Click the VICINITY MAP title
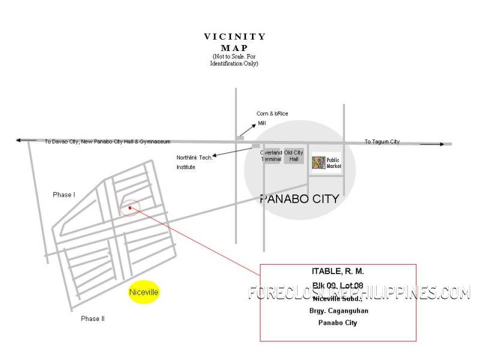pyautogui.click(x=235, y=42)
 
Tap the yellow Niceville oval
pyautogui.click(x=144, y=292)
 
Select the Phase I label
pyautogui.click(x=64, y=195)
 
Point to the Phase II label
pyautogui.click(x=92, y=319)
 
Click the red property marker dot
pyautogui.click(x=130, y=208)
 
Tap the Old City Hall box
pyautogui.click(x=294, y=156)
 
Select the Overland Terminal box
pyautogui.click(x=271, y=156)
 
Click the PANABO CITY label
pyautogui.click(x=299, y=199)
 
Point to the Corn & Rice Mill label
pyautogui.click(x=269, y=118)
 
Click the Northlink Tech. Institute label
pyautogui.click(x=194, y=162)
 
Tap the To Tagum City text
pyautogui.click(x=382, y=142)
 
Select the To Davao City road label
pyautogui.click(x=107, y=142)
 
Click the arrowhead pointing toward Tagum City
pyautogui.click(x=441, y=144)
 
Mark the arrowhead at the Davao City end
pyautogui.click(x=19, y=140)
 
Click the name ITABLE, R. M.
pyautogui.click(x=338, y=272)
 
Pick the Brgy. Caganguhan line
pyautogui.click(x=337, y=310)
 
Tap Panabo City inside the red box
pyautogui.click(x=337, y=323)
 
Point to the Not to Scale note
pyautogui.click(x=235, y=60)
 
